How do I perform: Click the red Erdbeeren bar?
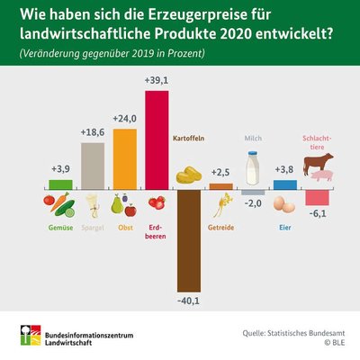157,140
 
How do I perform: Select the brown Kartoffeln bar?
189,240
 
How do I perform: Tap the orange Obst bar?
125,159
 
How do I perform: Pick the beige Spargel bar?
93,166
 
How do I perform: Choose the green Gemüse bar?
60,184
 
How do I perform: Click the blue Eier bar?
285,185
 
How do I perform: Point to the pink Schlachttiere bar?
317,198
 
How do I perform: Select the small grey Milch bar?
253,193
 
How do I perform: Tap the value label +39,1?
157,81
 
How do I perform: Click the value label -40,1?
188,301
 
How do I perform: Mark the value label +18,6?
93,132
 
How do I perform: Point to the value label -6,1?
317,214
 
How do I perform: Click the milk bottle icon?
253,168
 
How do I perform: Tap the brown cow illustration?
318,163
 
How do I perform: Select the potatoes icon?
189,175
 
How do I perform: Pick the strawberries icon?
157,202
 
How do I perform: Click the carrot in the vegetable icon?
59,202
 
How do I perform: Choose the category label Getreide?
220,228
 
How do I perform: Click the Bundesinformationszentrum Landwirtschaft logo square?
31,335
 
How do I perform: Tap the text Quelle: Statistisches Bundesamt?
293,333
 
